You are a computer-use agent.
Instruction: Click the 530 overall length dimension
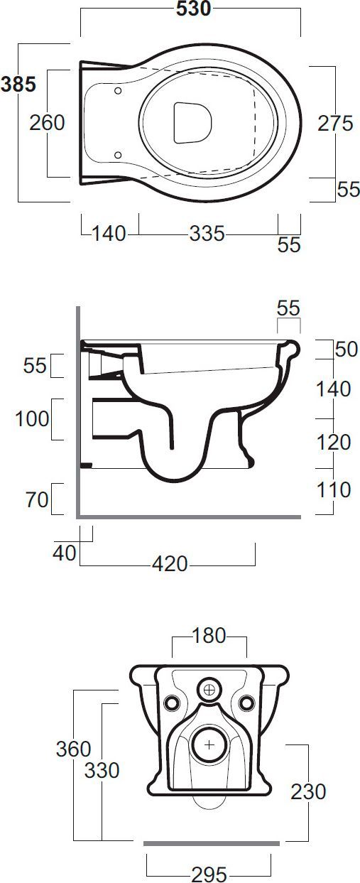tap(193, 9)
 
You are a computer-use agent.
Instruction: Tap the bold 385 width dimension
tap(18, 85)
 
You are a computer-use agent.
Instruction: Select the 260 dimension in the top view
tap(48, 123)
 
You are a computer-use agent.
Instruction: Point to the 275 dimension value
tap(335, 124)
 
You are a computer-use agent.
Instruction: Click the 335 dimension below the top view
tap(207, 234)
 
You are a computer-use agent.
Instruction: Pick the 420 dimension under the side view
tap(170, 564)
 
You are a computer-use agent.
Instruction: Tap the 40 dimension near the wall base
tap(64, 553)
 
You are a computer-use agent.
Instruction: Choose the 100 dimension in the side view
tap(32, 418)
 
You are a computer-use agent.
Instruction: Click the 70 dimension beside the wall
tap(37, 500)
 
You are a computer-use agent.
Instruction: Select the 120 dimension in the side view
tap(334, 443)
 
